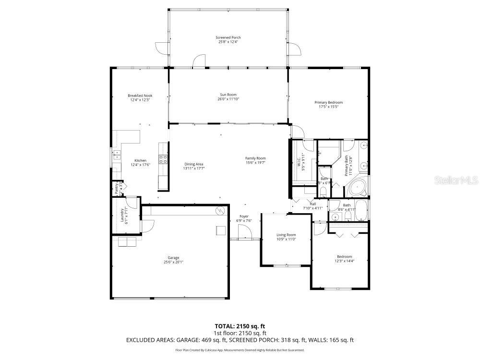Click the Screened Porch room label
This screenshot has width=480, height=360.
click(228, 37)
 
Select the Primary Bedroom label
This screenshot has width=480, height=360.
click(328, 102)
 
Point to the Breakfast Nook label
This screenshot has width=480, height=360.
click(140, 96)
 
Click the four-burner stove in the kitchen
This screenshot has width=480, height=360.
click(163, 159)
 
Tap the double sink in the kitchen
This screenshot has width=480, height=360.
click(116, 154)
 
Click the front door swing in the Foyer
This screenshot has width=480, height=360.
click(244, 232)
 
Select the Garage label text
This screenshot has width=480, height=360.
click(173, 258)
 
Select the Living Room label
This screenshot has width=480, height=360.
click(286, 235)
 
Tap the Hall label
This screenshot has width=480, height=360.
click(312, 204)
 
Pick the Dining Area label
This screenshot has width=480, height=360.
click(193, 164)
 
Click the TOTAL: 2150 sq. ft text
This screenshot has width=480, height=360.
click(240, 325)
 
